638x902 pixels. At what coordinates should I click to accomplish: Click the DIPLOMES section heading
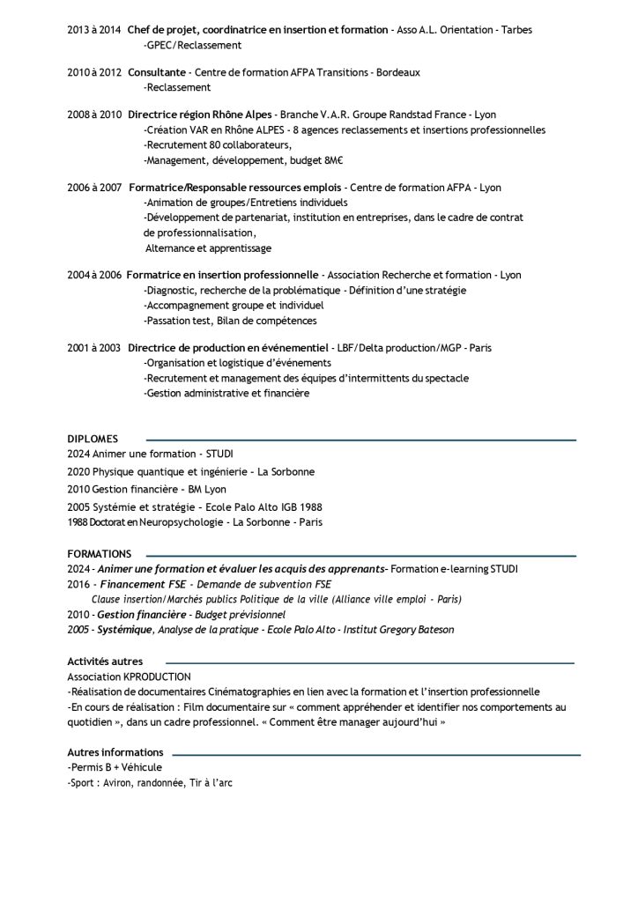(x=93, y=439)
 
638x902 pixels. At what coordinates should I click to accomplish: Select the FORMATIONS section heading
(x=99, y=554)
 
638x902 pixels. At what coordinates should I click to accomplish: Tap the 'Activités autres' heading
(x=105, y=661)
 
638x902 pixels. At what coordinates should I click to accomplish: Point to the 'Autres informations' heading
(x=115, y=752)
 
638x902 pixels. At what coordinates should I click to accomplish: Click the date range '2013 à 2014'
(x=94, y=30)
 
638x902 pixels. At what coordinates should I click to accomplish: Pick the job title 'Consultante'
(x=157, y=72)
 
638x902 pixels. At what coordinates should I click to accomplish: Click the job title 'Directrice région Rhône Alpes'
(x=199, y=115)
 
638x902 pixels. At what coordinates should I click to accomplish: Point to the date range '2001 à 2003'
(x=94, y=348)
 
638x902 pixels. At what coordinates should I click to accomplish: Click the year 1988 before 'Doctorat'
(x=78, y=522)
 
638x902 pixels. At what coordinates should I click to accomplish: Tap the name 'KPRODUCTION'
(x=158, y=676)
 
